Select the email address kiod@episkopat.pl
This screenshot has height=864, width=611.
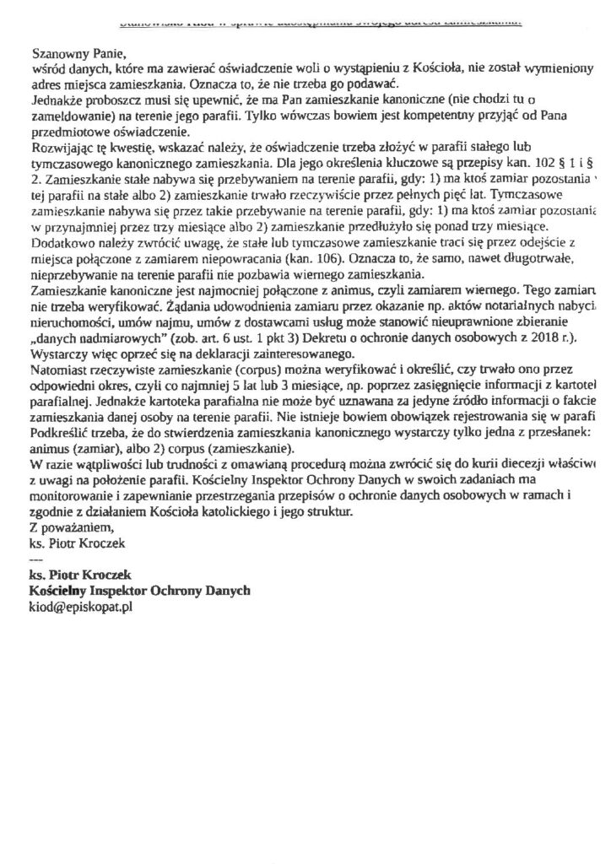click(x=81, y=607)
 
